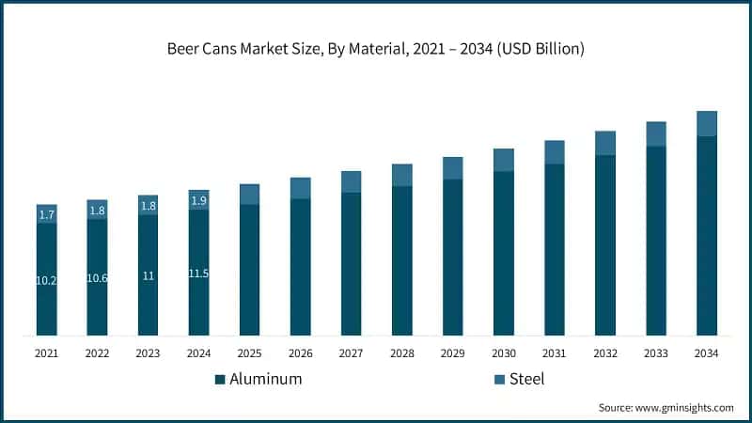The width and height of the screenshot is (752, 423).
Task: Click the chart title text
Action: tap(376, 49)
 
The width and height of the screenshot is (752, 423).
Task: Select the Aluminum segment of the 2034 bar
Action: tap(706, 235)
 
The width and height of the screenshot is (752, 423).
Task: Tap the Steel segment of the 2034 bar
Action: tap(706, 123)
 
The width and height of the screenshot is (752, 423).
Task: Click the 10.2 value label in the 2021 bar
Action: tap(47, 280)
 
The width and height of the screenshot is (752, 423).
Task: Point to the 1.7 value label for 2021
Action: tap(47, 215)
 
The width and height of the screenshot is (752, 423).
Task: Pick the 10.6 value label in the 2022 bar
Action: tap(98, 277)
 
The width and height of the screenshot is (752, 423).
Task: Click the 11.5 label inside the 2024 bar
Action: tap(198, 274)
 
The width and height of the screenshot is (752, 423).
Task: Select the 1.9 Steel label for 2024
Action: tap(198, 201)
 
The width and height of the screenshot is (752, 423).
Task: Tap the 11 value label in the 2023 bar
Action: tap(148, 275)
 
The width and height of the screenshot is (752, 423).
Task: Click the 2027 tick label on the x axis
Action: tap(351, 353)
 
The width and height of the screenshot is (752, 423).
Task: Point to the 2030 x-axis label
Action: tap(503, 353)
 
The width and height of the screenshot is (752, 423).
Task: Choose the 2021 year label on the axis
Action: tap(47, 353)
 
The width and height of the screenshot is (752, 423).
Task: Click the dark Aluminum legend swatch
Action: tap(220, 380)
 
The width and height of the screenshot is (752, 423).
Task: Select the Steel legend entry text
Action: tap(526, 380)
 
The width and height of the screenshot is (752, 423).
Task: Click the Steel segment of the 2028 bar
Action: tap(401, 175)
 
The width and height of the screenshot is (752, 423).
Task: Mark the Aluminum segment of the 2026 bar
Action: tap(300, 266)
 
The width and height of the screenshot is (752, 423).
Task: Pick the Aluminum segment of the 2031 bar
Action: tap(554, 249)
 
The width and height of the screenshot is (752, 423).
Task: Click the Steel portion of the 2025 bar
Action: tap(249, 194)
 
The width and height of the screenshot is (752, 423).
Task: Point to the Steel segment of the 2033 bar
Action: tap(655, 133)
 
